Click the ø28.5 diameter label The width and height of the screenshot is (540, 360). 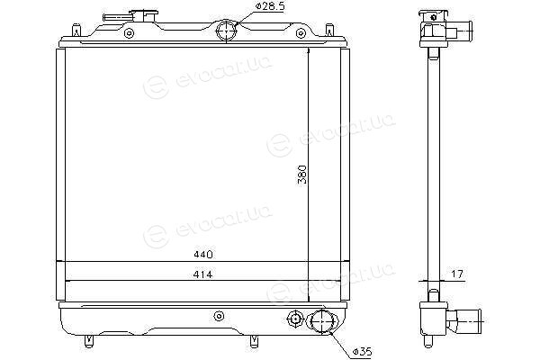click(x=270, y=6)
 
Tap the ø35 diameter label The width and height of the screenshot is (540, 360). click(x=363, y=352)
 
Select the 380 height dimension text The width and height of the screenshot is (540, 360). click(x=302, y=175)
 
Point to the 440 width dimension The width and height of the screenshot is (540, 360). click(x=203, y=255)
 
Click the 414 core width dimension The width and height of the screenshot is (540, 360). click(x=202, y=274)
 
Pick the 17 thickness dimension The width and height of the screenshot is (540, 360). click(x=457, y=274)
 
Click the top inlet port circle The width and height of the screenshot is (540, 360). click(x=226, y=31)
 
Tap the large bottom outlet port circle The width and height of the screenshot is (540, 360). click(x=323, y=321)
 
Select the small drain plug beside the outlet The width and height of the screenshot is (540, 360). click(x=295, y=319)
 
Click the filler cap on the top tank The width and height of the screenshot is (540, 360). click(x=144, y=16)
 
